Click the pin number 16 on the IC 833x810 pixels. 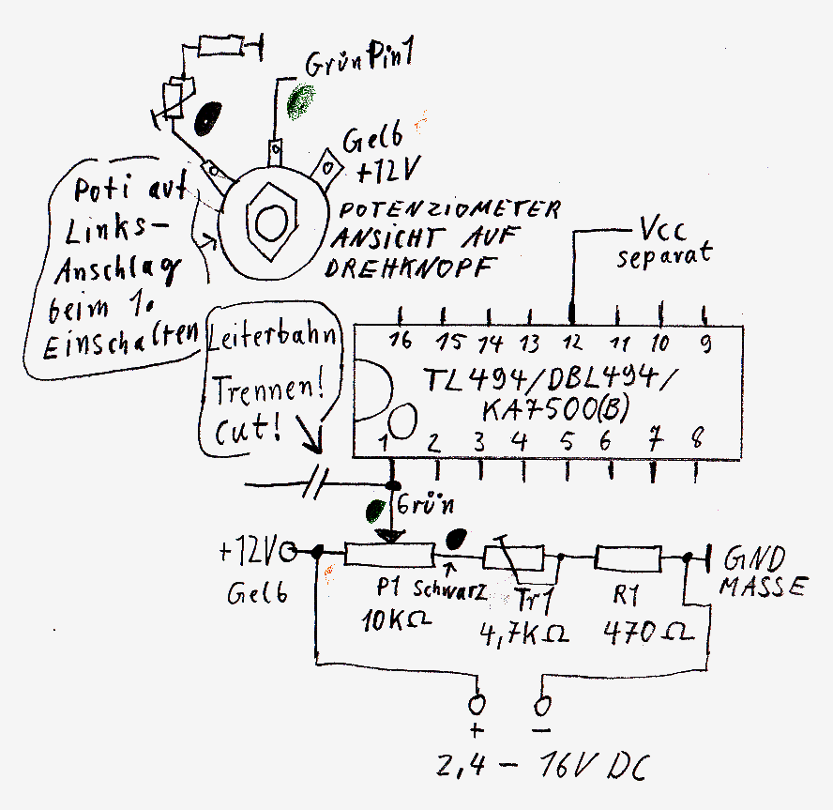click(x=401, y=343)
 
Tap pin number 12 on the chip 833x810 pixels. click(x=573, y=343)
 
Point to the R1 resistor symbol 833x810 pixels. click(x=629, y=558)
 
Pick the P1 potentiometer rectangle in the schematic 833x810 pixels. click(x=388, y=556)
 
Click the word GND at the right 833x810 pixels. click(x=750, y=561)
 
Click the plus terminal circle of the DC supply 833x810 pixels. click(x=480, y=703)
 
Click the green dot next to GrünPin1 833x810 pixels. click(x=301, y=100)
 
